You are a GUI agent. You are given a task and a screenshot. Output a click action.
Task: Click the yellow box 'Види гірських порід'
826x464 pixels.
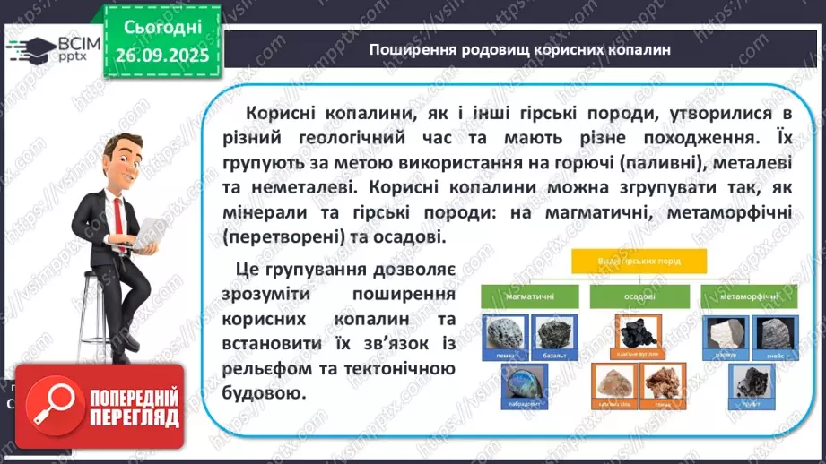[x=639, y=262]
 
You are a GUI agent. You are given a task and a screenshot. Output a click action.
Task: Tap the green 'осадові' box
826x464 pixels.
[x=639, y=296]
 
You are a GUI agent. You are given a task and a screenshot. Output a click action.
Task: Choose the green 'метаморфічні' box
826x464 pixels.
[x=750, y=296]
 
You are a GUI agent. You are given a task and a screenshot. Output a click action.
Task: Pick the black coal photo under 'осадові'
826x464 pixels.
[x=638, y=333]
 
